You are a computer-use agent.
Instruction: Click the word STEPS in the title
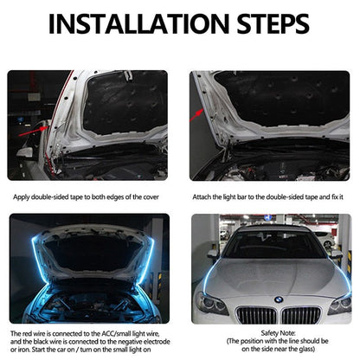coord(275,23)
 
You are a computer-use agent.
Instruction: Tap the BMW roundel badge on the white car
coord(279,299)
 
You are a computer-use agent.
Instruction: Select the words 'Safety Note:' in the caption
coord(273,333)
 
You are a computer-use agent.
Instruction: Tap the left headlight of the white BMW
coord(211,303)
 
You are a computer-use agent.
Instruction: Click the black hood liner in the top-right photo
coord(277,104)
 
